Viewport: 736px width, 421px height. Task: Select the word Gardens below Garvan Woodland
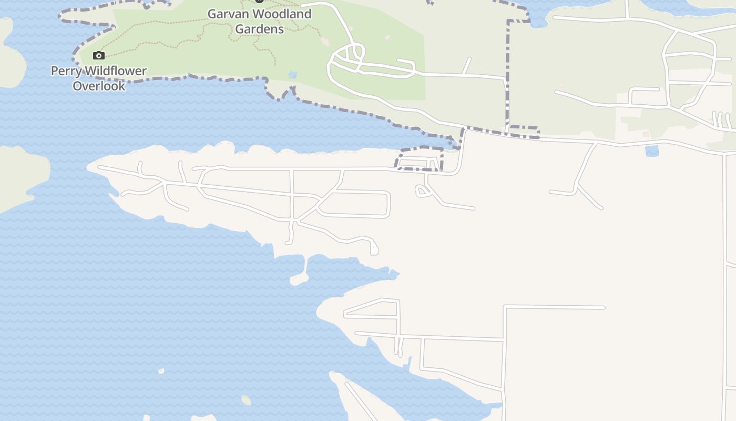point(259,29)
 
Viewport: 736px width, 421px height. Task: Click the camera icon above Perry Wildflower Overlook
point(98,55)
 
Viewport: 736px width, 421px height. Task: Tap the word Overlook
point(99,86)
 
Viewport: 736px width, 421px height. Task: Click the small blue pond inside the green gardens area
point(293,75)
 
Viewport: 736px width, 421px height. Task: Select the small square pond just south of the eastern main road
point(652,151)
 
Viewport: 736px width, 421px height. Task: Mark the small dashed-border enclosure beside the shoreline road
point(420,159)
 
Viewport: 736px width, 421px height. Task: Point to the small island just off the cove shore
point(299,279)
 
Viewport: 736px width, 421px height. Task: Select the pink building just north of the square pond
point(646,134)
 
